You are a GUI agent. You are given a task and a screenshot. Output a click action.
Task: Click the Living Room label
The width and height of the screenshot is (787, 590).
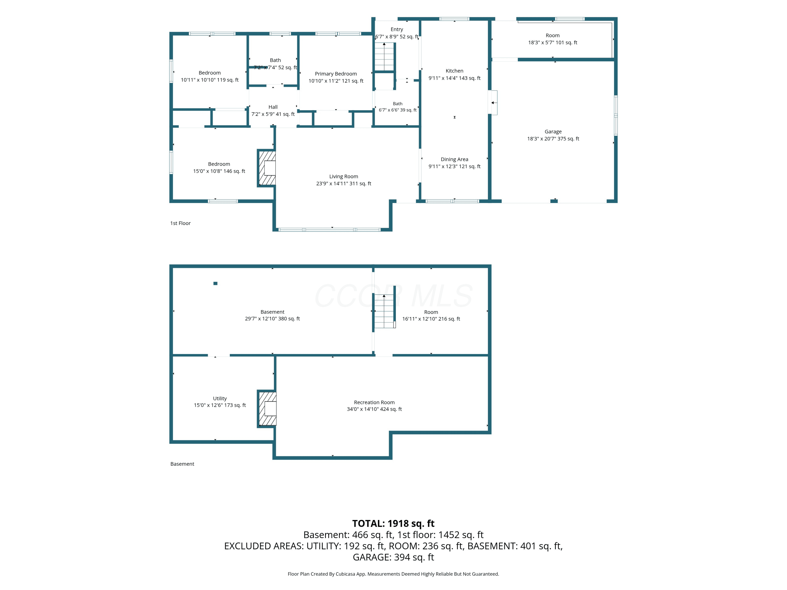click(x=343, y=180)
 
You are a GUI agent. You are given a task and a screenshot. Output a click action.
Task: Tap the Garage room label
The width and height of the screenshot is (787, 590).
click(x=553, y=135)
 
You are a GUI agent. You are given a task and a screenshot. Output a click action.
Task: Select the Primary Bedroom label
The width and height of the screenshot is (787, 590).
click(x=336, y=77)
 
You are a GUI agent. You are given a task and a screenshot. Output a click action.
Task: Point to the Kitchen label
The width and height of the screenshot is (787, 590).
click(x=454, y=74)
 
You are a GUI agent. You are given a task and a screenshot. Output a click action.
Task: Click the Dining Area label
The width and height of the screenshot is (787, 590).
click(x=454, y=163)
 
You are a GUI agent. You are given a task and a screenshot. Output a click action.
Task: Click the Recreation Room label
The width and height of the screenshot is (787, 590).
click(x=374, y=406)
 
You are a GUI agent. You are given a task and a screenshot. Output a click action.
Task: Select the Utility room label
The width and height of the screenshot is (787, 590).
click(x=220, y=402)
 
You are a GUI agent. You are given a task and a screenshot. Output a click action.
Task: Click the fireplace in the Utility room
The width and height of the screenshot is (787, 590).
click(x=267, y=409)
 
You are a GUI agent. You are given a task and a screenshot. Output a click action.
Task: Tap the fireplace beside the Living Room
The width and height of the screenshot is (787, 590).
click(x=267, y=168)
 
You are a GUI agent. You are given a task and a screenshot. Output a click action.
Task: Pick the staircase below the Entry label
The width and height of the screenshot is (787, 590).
click(x=384, y=57)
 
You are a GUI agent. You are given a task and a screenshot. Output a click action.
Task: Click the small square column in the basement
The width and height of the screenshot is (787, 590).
click(x=215, y=283)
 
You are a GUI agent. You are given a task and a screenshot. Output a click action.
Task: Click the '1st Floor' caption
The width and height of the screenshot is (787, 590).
click(x=180, y=223)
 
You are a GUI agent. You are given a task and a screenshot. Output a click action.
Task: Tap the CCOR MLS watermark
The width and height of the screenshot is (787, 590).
click(x=393, y=296)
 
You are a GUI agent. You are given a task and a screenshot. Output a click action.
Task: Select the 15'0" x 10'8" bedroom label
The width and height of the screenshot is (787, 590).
click(x=219, y=168)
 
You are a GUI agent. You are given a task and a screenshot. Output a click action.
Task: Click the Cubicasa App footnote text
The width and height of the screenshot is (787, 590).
click(x=393, y=574)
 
